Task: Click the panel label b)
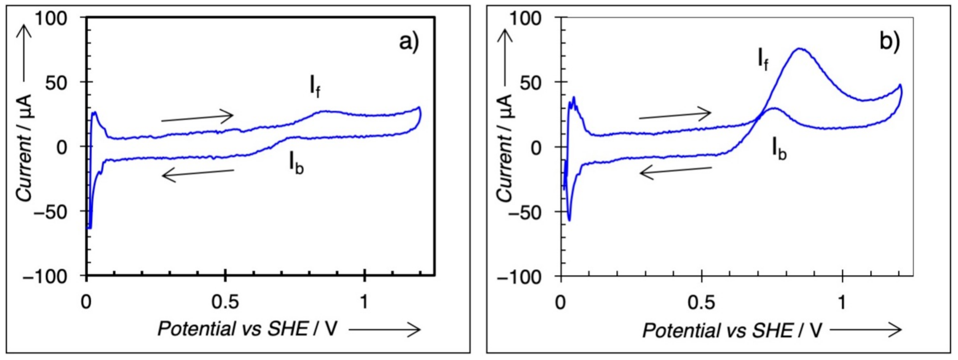(889, 42)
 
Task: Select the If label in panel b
(763, 60)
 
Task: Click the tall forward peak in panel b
(799, 49)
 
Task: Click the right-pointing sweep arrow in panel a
(197, 117)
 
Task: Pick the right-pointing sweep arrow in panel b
(675, 115)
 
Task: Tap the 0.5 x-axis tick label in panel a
(225, 302)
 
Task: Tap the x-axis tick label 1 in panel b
(842, 302)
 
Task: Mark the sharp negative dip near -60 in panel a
(90, 227)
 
